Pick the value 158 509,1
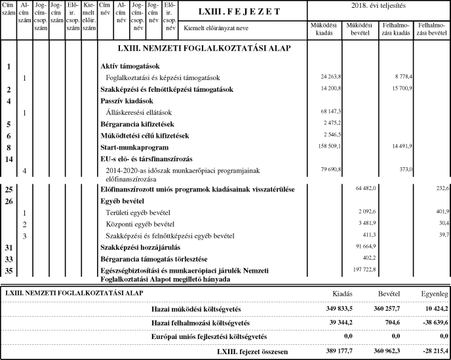click(328, 148)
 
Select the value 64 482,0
click(363, 189)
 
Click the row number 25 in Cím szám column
click(9, 189)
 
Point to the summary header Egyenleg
click(433, 292)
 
